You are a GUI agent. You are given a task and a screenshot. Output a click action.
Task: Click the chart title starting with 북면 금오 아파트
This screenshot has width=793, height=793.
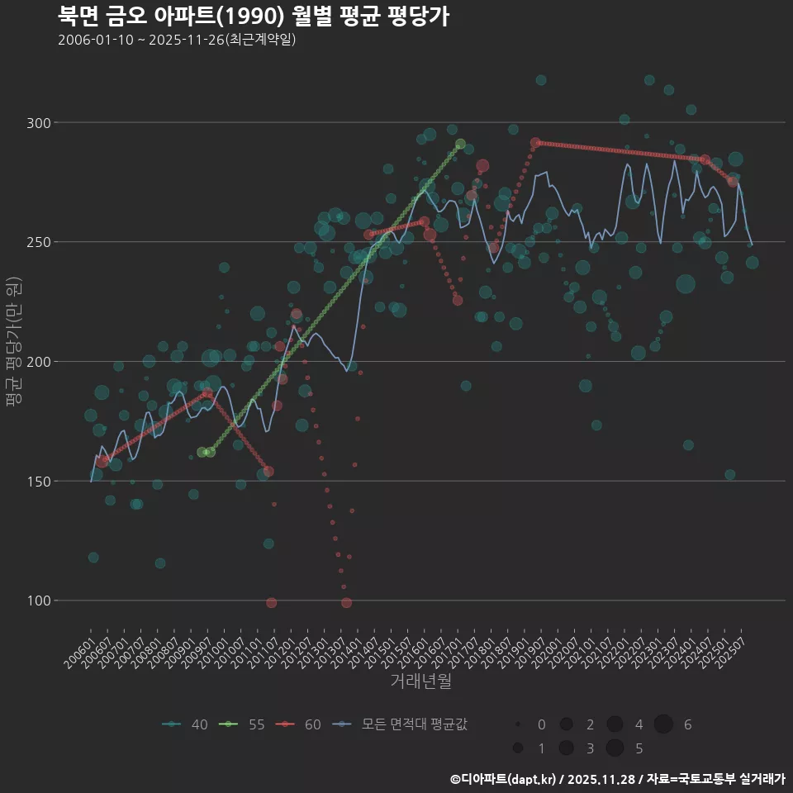coord(254,17)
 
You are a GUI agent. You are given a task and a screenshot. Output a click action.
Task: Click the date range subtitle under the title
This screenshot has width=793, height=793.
coord(177,40)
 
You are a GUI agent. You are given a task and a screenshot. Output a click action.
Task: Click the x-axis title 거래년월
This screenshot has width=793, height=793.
coord(420,681)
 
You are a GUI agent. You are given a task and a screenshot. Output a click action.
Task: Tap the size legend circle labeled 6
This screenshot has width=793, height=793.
coord(663,724)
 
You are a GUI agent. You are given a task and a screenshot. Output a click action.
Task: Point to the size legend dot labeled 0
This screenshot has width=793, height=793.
coord(517,724)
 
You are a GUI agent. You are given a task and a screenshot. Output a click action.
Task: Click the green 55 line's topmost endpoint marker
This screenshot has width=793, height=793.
coord(460,144)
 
